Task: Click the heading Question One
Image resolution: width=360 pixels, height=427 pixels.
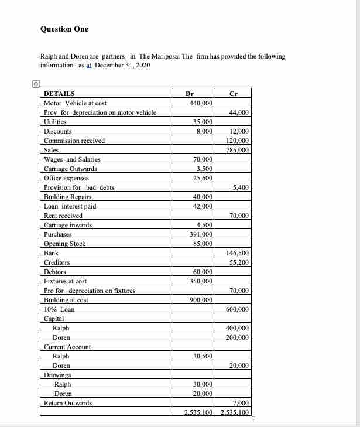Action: (x=64, y=29)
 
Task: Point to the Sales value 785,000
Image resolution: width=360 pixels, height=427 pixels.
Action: (x=237, y=150)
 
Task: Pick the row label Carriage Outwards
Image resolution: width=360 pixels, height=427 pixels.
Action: (x=71, y=169)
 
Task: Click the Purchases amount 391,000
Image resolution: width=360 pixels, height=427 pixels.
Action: (x=201, y=234)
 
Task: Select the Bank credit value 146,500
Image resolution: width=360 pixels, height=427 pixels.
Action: (x=237, y=253)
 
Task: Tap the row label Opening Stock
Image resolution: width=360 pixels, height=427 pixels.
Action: (x=65, y=244)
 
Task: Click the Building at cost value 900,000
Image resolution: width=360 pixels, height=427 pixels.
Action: (x=201, y=300)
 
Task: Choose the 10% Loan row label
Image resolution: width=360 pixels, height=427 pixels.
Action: (x=59, y=309)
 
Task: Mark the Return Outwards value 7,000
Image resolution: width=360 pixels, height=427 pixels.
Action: (x=241, y=403)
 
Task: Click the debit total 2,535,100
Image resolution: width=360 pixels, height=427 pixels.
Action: (x=197, y=412)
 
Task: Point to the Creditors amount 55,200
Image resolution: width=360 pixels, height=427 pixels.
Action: (x=239, y=262)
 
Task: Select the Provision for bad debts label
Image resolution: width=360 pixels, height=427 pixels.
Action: (x=79, y=187)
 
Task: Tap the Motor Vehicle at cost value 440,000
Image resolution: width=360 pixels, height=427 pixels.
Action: (x=201, y=103)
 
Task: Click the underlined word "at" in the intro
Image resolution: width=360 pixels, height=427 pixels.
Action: (x=90, y=65)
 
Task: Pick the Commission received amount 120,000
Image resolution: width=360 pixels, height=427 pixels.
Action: (x=237, y=141)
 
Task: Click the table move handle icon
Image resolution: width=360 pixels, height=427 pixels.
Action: (x=36, y=84)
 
